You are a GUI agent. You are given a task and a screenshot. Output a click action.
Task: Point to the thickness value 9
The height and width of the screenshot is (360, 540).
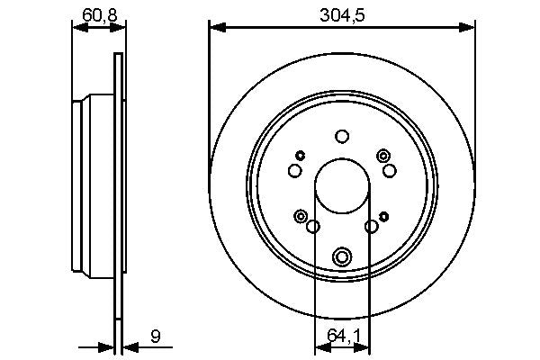[156, 337]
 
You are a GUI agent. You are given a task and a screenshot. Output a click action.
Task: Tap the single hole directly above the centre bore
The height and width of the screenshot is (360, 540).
[341, 137]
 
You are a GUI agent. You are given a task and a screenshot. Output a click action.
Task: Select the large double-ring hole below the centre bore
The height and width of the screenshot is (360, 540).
[341, 257]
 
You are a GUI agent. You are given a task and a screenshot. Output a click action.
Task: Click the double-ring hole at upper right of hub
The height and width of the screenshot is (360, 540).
[384, 156]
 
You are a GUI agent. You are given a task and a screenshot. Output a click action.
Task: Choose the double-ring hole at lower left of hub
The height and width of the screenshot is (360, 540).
[301, 215]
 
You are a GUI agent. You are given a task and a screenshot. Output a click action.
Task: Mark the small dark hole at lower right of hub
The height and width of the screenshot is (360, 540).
[384, 216]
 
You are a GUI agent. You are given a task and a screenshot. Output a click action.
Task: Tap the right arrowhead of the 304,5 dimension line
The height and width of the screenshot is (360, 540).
[468, 27]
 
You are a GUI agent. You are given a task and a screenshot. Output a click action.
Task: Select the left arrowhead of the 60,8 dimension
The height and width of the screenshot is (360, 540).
[77, 27]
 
